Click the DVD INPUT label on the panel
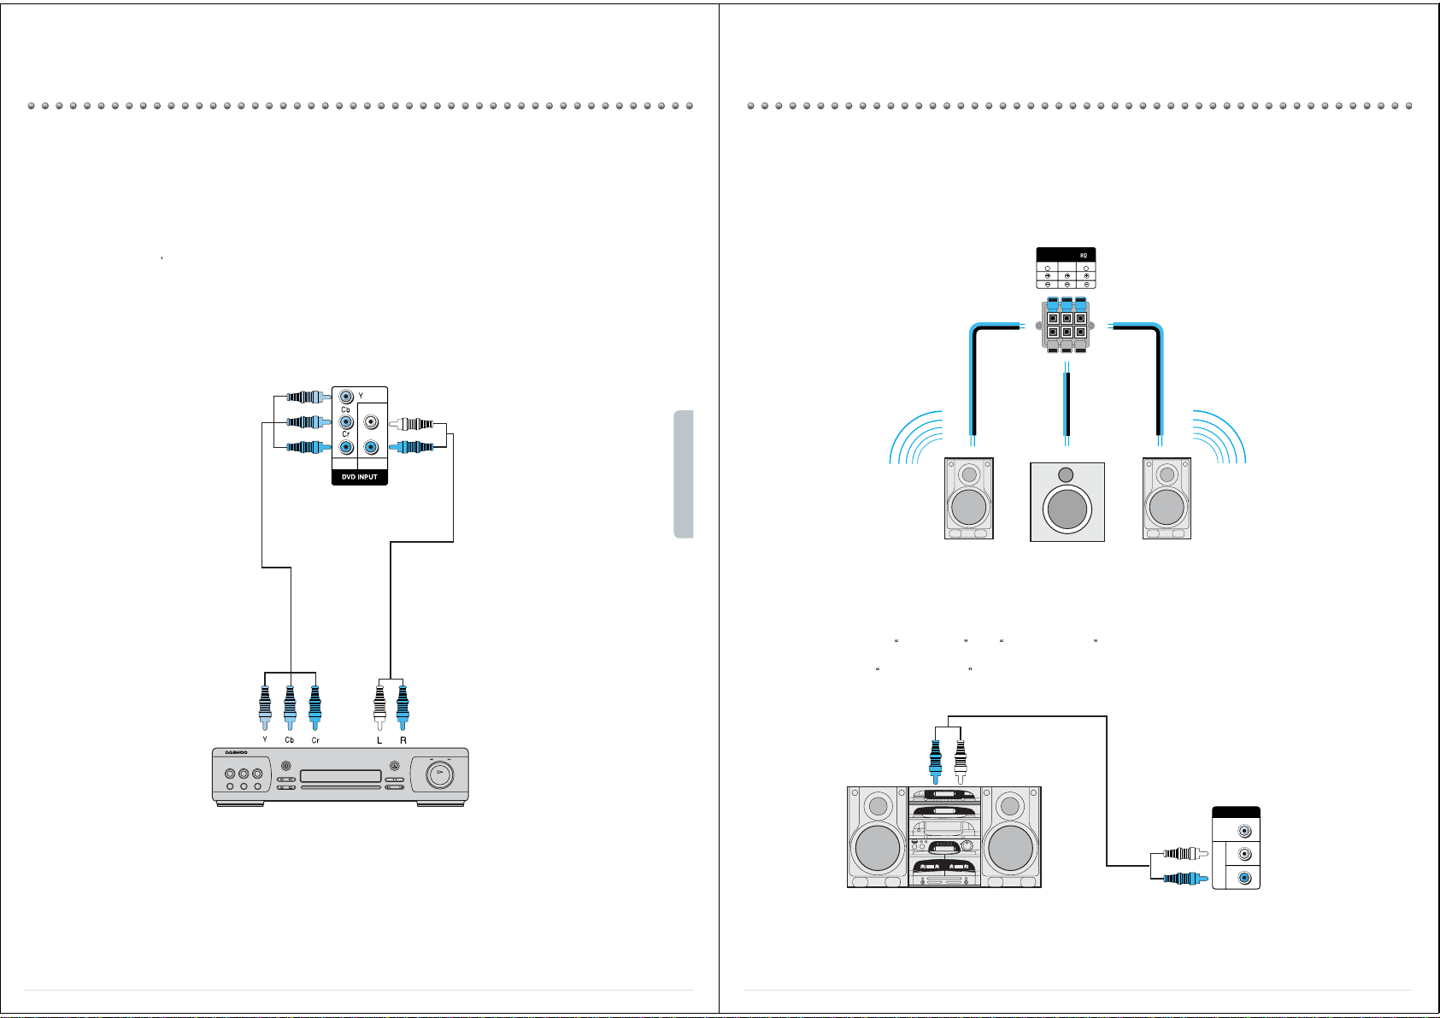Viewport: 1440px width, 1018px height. (359, 477)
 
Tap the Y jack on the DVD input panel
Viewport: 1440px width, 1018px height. (345, 397)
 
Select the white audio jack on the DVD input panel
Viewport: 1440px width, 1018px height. (371, 422)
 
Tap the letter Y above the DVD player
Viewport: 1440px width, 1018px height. (265, 739)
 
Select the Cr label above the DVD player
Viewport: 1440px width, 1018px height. (315, 739)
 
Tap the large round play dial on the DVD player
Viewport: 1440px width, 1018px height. (439, 776)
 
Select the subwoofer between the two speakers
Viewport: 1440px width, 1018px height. (1067, 503)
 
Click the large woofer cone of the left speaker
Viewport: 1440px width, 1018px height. (968, 507)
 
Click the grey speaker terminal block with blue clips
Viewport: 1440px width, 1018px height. (1067, 325)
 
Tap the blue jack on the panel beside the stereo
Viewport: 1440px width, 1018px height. (1245, 877)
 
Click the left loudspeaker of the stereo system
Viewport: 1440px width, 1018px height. (877, 838)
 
